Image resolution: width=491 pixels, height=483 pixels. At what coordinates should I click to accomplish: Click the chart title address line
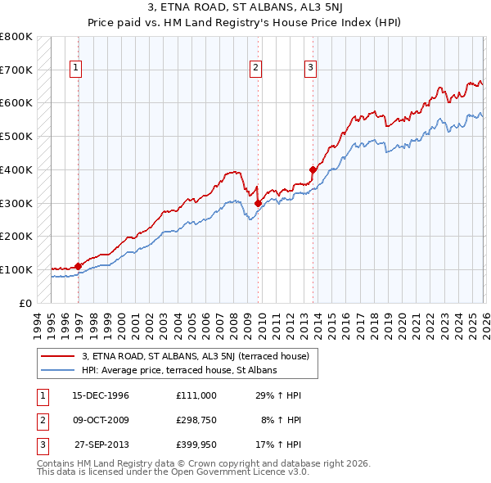[x=245, y=8]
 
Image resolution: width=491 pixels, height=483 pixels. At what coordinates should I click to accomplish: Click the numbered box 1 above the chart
[x=75, y=69]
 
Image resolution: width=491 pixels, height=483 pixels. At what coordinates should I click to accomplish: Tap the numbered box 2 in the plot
[x=256, y=69]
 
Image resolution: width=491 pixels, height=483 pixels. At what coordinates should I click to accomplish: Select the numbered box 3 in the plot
[x=311, y=69]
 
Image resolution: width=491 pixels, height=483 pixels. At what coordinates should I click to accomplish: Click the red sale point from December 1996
[x=79, y=266]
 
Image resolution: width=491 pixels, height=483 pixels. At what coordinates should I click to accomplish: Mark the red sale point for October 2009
[x=258, y=203]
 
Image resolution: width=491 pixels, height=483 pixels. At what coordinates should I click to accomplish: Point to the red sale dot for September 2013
[x=313, y=169]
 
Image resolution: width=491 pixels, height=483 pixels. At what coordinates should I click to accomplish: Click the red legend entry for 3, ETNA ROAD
[x=195, y=356]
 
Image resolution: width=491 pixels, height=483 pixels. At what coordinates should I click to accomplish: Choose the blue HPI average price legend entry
[x=179, y=370]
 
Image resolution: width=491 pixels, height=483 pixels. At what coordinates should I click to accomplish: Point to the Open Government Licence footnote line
[x=173, y=472]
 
